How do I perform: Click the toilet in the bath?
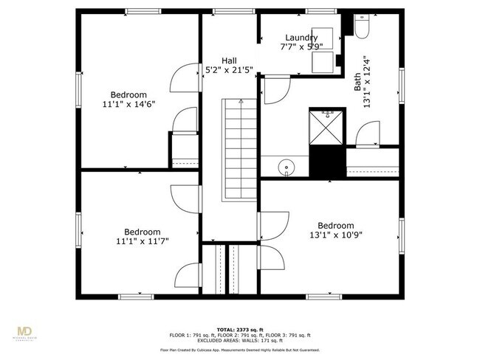click(362, 27)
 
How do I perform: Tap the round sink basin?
click(286, 169)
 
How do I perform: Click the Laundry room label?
click(301, 38)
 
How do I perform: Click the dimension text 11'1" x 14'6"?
click(128, 104)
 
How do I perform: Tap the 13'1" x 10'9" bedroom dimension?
click(335, 235)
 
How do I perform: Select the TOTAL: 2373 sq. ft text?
click(239, 329)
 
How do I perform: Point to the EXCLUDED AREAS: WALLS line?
click(239, 340)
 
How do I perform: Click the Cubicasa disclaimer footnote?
click(239, 350)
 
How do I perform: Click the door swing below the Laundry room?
click(276, 89)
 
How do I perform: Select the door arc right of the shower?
click(366, 136)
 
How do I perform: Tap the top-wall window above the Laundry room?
click(319, 11)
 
